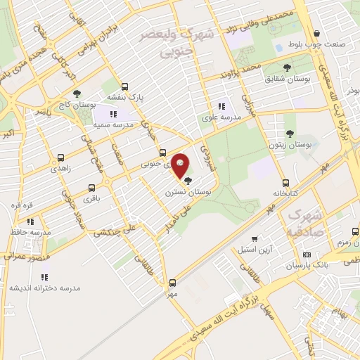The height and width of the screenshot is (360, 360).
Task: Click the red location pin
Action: [181, 165]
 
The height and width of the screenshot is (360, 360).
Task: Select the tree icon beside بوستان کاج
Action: [77, 94]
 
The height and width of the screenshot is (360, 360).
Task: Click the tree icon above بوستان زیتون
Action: [290, 134]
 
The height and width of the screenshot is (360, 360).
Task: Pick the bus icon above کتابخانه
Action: [285, 180]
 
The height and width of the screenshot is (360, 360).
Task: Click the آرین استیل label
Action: [253, 250]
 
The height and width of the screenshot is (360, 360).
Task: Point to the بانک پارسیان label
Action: [308, 265]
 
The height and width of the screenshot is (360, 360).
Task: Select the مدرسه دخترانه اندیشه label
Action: [45, 288]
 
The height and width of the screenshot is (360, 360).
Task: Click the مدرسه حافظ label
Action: [32, 231]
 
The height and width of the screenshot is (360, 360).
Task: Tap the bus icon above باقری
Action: [91, 188]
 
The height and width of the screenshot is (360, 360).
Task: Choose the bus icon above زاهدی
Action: [61, 158]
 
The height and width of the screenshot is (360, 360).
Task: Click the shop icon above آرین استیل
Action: [255, 239]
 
